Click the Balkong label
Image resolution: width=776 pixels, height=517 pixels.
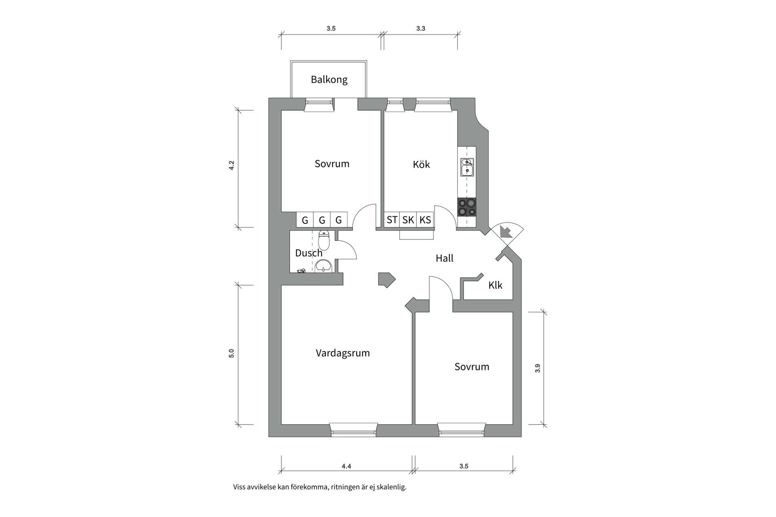(x=329, y=80)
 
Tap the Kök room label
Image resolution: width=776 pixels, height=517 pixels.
(x=421, y=164)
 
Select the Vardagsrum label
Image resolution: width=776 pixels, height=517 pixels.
(x=342, y=353)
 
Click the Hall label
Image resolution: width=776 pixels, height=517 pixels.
(x=444, y=258)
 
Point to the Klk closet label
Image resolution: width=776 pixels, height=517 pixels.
(x=495, y=286)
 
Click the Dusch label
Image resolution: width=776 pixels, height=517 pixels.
(x=308, y=253)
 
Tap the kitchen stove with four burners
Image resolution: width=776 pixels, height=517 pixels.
(x=466, y=207)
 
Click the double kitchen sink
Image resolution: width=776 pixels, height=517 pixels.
(x=467, y=167)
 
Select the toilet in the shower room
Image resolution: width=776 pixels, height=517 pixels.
(x=324, y=240)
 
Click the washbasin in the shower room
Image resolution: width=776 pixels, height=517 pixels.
(x=323, y=266)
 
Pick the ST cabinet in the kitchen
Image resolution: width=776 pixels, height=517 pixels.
(x=392, y=220)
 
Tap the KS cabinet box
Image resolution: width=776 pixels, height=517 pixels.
(x=425, y=220)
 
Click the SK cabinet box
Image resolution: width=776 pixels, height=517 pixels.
(x=408, y=220)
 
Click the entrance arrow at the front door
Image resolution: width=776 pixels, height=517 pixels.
(x=505, y=232)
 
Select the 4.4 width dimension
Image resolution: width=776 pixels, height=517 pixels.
(x=346, y=466)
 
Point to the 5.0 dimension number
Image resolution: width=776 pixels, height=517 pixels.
(x=232, y=353)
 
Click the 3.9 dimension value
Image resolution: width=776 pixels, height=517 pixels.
(x=538, y=368)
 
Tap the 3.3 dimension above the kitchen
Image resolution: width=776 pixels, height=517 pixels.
(x=420, y=29)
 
